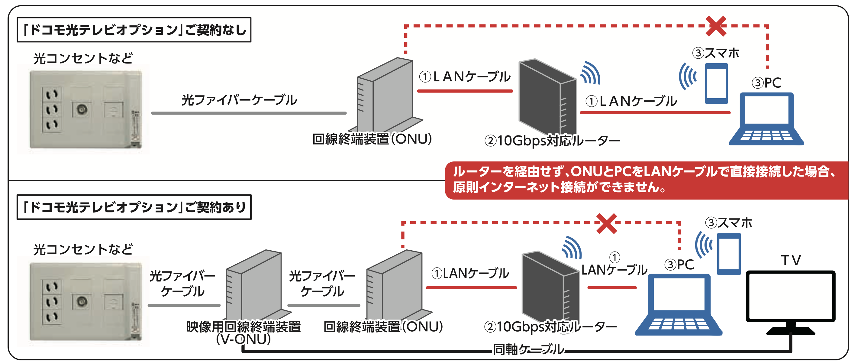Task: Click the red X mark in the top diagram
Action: (x=716, y=26)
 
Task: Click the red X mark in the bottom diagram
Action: (x=607, y=223)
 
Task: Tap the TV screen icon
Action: (x=790, y=297)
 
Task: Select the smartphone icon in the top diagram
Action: (x=716, y=84)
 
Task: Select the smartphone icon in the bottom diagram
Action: (x=729, y=254)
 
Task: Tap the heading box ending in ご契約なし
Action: (x=134, y=30)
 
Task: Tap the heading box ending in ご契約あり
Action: (x=134, y=207)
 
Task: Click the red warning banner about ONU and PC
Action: (x=646, y=180)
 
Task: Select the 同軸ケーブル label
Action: (x=528, y=349)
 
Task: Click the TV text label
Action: (x=791, y=260)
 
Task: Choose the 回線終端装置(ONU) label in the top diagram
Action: (x=372, y=139)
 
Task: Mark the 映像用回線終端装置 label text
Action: (x=244, y=327)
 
